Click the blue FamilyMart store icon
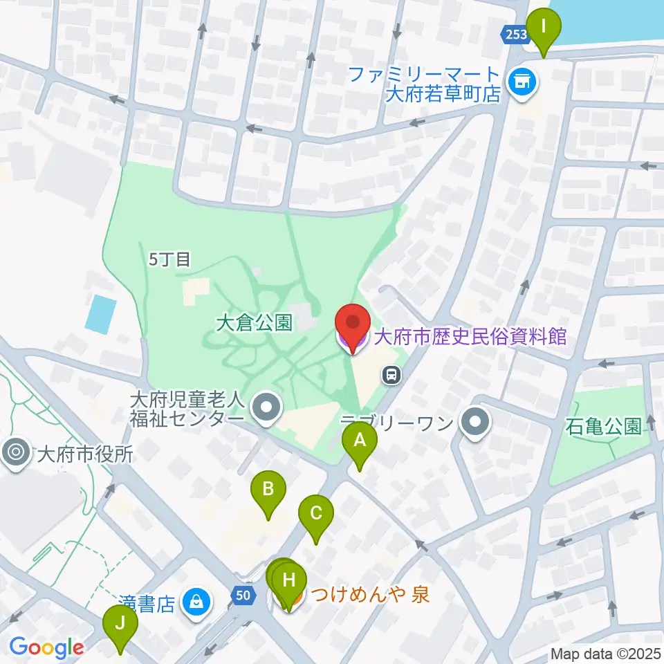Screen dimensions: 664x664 click(522, 83)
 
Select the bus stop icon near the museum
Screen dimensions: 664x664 click(392, 376)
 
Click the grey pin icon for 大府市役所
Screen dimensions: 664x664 click(15, 453)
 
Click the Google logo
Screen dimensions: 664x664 click(46, 647)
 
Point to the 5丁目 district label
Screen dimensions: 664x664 click(169, 259)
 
